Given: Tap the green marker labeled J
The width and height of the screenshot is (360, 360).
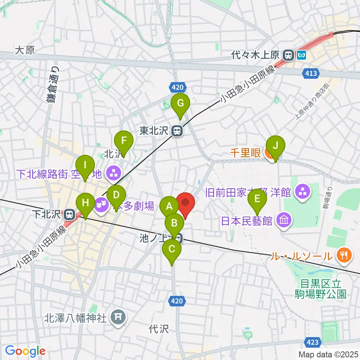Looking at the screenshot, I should point(275,145).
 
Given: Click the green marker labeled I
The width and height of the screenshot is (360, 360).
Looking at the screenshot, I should point(85,165).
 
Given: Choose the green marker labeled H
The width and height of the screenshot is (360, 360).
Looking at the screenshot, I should point(85,203).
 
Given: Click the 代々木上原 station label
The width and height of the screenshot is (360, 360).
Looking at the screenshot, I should point(259,55).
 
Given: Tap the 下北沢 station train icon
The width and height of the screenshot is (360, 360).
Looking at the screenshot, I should point(69,215).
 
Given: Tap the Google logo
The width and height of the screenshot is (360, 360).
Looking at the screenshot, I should point(25,351).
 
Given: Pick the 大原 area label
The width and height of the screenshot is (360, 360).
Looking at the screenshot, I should point(25,51).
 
